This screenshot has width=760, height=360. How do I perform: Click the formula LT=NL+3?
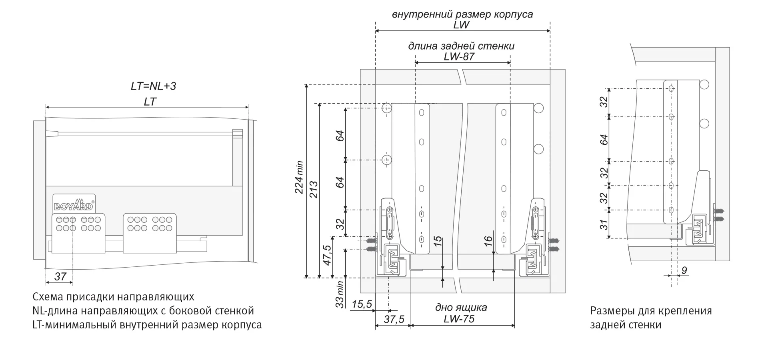click(153, 86)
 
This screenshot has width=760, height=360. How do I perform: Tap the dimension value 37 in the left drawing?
click(60, 276)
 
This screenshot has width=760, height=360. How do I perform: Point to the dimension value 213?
click(314, 190)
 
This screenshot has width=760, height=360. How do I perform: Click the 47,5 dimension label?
click(327, 255)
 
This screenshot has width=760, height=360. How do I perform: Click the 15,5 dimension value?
click(362, 304)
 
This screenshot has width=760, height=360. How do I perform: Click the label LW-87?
click(459, 57)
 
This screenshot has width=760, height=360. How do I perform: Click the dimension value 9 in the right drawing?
click(684, 270)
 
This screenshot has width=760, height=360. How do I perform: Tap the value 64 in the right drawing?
click(604, 140)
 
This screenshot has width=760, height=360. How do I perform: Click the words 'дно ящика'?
click(461, 308)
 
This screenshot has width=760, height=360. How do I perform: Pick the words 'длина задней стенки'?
click(461, 46)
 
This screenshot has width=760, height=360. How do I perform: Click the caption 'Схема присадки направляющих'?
click(113, 297)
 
